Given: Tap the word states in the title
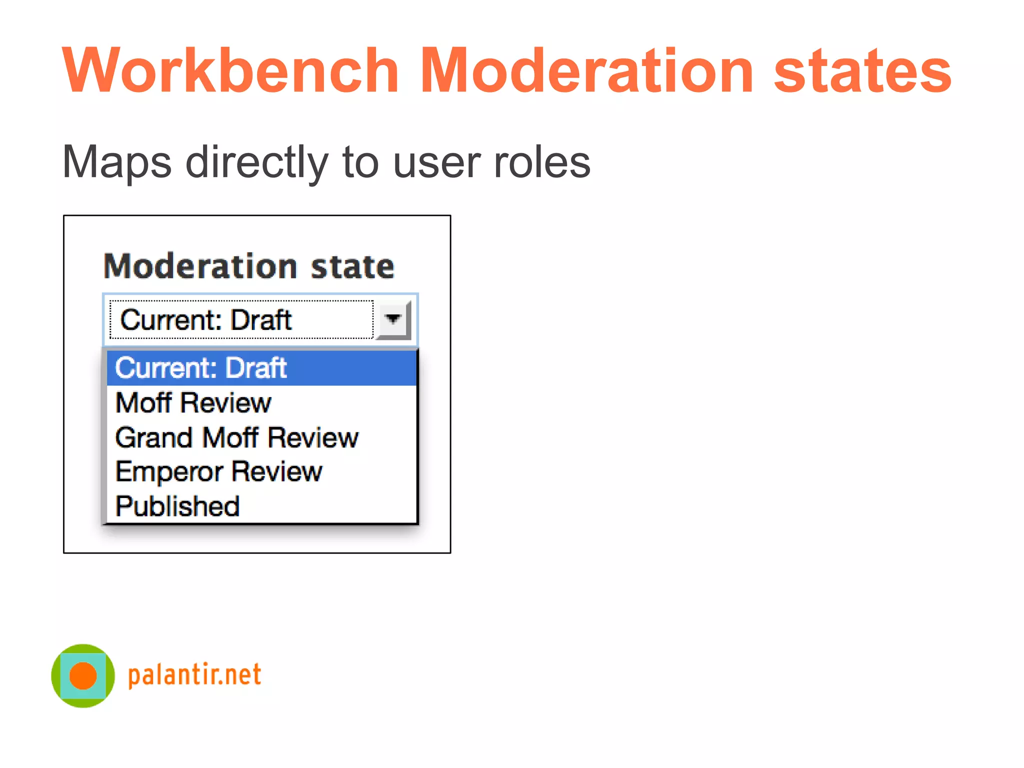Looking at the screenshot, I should [x=862, y=71].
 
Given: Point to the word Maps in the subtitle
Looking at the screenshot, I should [x=117, y=162].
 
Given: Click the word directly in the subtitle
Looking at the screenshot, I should [x=257, y=162].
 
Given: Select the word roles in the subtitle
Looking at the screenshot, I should [x=542, y=162].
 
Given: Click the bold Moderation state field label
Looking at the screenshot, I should [x=248, y=266].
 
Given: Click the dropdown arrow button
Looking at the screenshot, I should [x=393, y=319].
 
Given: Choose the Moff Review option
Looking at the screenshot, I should [x=193, y=402].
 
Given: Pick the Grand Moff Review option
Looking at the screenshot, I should [x=236, y=437].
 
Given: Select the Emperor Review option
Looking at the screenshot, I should [x=218, y=471].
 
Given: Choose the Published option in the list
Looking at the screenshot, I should [x=177, y=506].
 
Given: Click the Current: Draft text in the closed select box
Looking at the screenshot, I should [x=206, y=320].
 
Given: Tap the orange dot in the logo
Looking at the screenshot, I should [x=83, y=675].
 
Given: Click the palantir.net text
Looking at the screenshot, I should [x=194, y=675].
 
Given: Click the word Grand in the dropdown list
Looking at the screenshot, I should [x=154, y=437].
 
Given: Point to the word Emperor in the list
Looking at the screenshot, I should [x=169, y=472].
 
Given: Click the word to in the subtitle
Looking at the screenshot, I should [x=360, y=162].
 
